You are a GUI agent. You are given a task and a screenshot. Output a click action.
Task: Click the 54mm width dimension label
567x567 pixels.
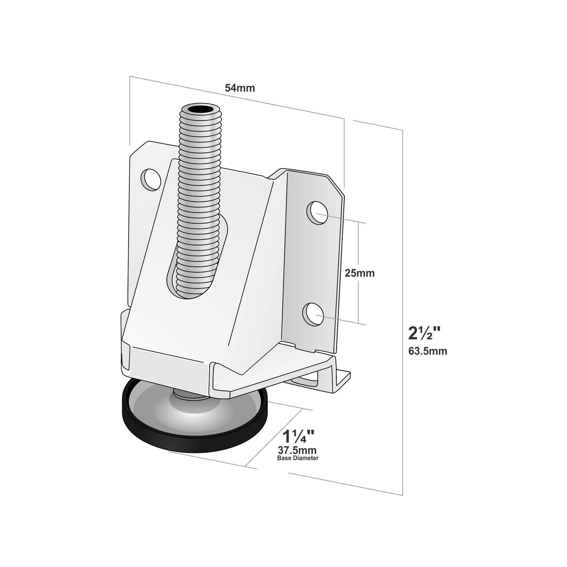point(240,88)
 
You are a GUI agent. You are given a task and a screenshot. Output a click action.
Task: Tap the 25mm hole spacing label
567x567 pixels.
point(360,273)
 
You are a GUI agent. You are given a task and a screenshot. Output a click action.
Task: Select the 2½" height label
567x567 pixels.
point(425,333)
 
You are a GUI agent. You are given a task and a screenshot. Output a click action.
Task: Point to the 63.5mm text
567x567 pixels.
point(428,351)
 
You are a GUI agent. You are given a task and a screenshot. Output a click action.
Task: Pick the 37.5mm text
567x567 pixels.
point(297,451)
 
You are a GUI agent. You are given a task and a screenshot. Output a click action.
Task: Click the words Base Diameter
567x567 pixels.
point(298,458)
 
